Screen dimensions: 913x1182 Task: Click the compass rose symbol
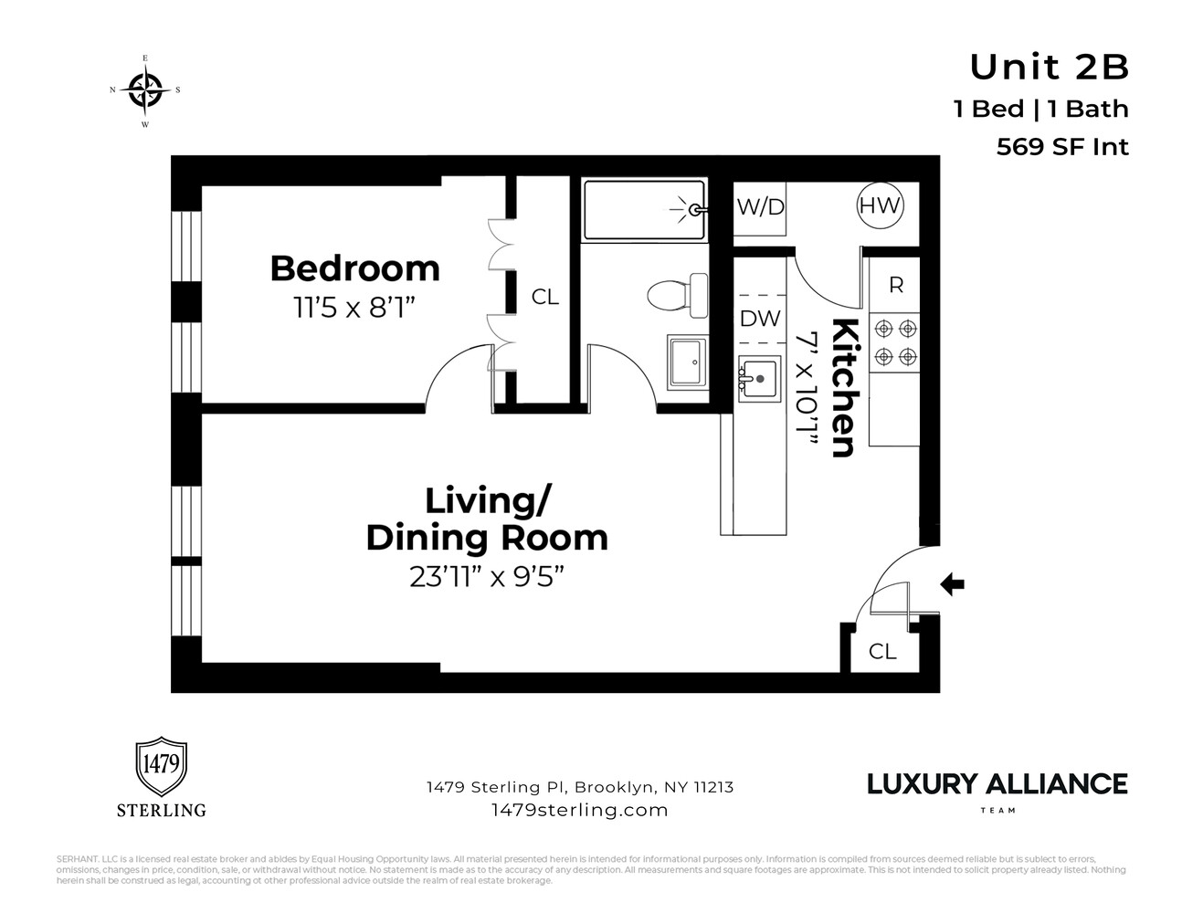(x=144, y=89)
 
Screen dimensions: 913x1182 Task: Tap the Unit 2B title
(x=1049, y=67)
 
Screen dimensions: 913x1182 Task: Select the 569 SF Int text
(x=1062, y=147)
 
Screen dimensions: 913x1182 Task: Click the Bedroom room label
(x=354, y=268)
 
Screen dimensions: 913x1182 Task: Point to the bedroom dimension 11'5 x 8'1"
(x=354, y=308)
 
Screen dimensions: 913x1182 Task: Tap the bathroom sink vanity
(x=687, y=362)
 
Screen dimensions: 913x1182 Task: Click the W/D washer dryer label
(x=760, y=207)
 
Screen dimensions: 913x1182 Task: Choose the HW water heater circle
(x=880, y=205)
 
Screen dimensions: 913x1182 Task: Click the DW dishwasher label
(x=760, y=319)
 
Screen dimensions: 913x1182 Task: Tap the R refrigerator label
(x=895, y=285)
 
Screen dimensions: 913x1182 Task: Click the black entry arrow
(x=953, y=583)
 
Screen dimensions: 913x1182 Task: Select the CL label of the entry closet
(x=882, y=651)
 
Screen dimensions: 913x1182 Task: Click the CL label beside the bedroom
(x=545, y=297)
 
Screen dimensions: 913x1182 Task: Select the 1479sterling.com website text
(x=579, y=810)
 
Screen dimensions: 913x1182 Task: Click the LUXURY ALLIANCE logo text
(x=997, y=784)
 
